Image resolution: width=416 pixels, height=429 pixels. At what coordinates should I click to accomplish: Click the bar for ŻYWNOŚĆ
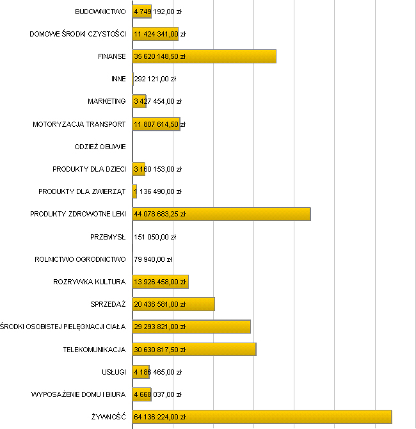(x=262, y=417)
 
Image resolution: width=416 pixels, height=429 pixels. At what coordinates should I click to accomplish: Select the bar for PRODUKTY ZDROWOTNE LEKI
(x=221, y=214)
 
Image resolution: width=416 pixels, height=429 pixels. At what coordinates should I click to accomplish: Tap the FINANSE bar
(x=204, y=56)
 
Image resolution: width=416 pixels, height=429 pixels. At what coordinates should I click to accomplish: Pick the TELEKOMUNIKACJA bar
(x=194, y=349)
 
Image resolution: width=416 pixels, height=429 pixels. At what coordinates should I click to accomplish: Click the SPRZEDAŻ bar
(x=173, y=304)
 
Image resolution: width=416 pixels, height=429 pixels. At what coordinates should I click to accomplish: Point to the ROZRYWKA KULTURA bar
(x=160, y=282)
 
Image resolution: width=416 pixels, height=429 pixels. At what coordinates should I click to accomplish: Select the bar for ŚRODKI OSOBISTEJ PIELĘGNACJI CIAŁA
(x=191, y=327)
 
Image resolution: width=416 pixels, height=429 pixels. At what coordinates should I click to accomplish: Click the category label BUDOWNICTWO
(x=100, y=12)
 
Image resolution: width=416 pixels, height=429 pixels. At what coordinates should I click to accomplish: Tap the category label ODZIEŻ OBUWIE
(x=100, y=147)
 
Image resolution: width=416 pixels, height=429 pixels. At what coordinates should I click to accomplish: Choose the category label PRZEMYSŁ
(x=108, y=237)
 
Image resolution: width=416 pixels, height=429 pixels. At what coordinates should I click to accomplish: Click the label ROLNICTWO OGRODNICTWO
(x=81, y=259)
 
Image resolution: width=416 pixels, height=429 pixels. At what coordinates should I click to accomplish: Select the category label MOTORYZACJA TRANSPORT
(x=79, y=124)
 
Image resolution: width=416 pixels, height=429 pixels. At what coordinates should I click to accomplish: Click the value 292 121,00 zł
(x=155, y=79)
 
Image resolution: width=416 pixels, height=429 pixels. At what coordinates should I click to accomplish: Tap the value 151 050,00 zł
(x=155, y=237)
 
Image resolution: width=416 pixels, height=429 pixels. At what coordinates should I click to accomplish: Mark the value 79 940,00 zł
(x=154, y=259)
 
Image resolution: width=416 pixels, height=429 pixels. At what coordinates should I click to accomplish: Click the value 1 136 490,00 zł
(x=158, y=191)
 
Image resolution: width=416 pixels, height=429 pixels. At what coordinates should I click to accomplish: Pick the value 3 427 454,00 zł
(x=158, y=101)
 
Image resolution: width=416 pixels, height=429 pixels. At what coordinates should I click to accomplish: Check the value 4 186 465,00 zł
(x=158, y=372)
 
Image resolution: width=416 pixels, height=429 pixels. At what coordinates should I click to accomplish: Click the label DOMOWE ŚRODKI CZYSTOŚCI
(x=77, y=34)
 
